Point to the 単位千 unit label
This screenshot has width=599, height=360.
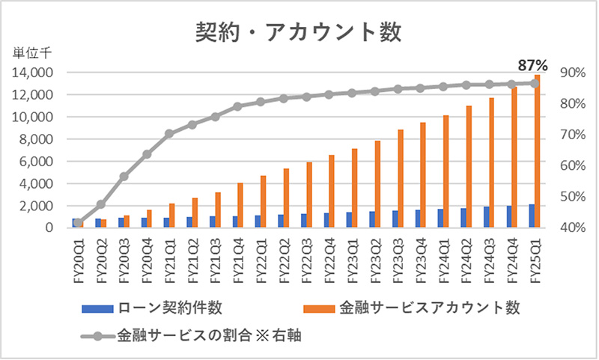click(x=31, y=53)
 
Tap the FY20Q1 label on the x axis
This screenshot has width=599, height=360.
click(x=77, y=259)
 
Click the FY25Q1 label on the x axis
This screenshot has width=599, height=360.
click(x=534, y=259)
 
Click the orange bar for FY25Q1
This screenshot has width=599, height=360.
click(x=537, y=150)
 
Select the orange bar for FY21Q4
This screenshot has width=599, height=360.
click(x=240, y=204)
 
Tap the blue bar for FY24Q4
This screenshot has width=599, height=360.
click(x=509, y=216)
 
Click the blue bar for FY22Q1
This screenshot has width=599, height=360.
click(x=258, y=221)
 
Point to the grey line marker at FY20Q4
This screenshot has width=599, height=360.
click(x=147, y=154)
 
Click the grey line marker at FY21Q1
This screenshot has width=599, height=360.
click(x=169, y=133)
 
